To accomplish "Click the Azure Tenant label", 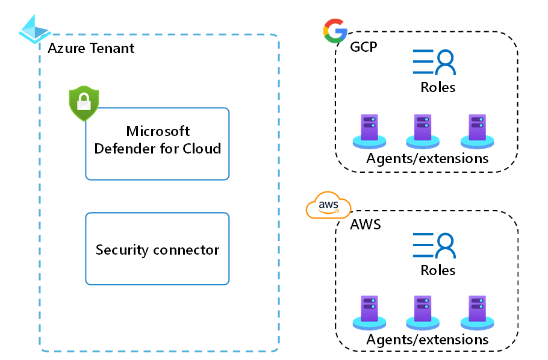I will (x=91, y=48).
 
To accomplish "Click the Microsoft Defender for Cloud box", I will (x=157, y=143).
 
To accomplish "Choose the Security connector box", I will (x=157, y=249).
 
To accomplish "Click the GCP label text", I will (x=364, y=46).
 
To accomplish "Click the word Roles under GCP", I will (x=438, y=87).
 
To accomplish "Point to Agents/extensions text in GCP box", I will (x=427, y=159).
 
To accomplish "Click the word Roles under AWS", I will (x=438, y=270).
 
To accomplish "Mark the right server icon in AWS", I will (x=477, y=312).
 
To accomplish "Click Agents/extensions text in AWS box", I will (x=427, y=340).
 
